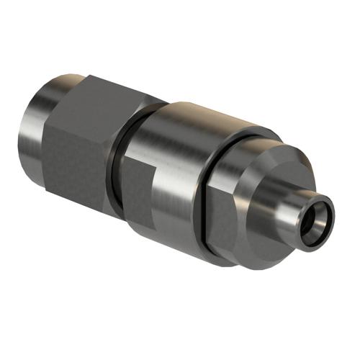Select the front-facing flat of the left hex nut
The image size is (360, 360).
79,155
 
